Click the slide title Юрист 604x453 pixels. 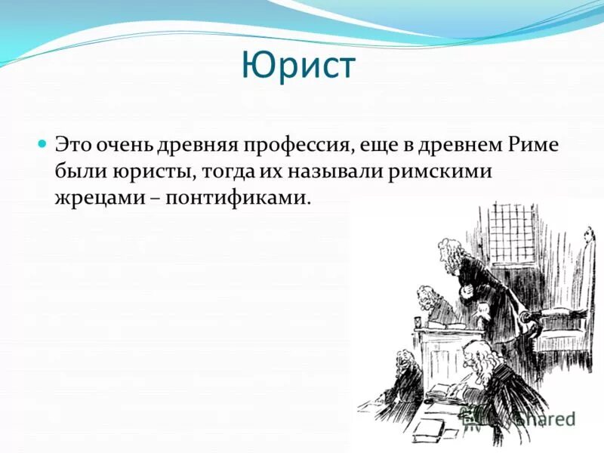click(x=298, y=66)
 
